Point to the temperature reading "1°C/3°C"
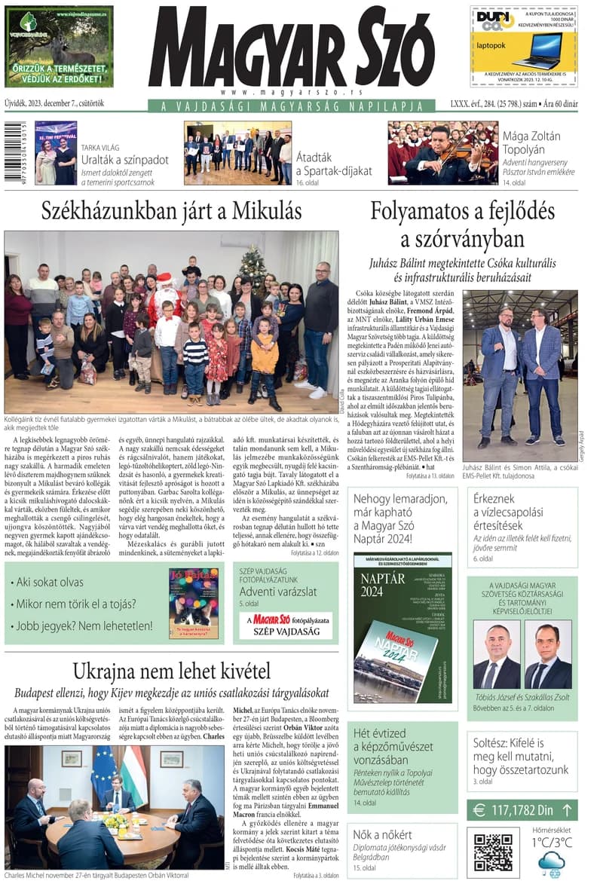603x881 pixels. click(x=551, y=843)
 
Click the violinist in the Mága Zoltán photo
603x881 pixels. click(x=445, y=154)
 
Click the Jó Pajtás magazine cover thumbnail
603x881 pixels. click(x=194, y=603)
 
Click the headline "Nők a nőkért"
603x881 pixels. click(x=383, y=834)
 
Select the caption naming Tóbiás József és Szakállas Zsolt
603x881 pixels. click(x=522, y=697)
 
